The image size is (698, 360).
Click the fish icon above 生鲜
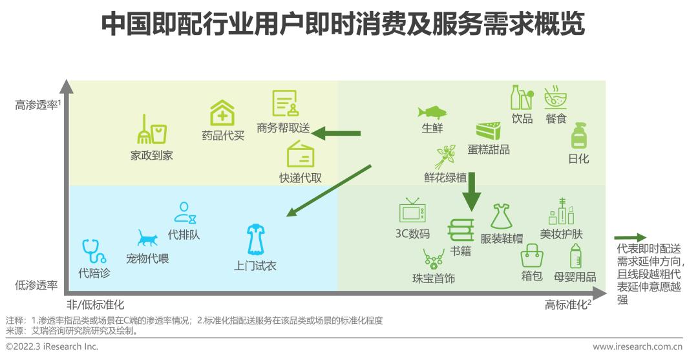point(432,111)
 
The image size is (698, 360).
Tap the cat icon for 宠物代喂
point(147,238)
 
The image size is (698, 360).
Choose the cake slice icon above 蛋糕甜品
point(489,131)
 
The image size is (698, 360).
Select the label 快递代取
point(301,178)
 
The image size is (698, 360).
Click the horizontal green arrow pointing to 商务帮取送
point(336,134)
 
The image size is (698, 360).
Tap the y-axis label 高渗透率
point(36,104)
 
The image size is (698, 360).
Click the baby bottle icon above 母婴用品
point(575,255)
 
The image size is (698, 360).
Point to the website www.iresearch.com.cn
point(639,347)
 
